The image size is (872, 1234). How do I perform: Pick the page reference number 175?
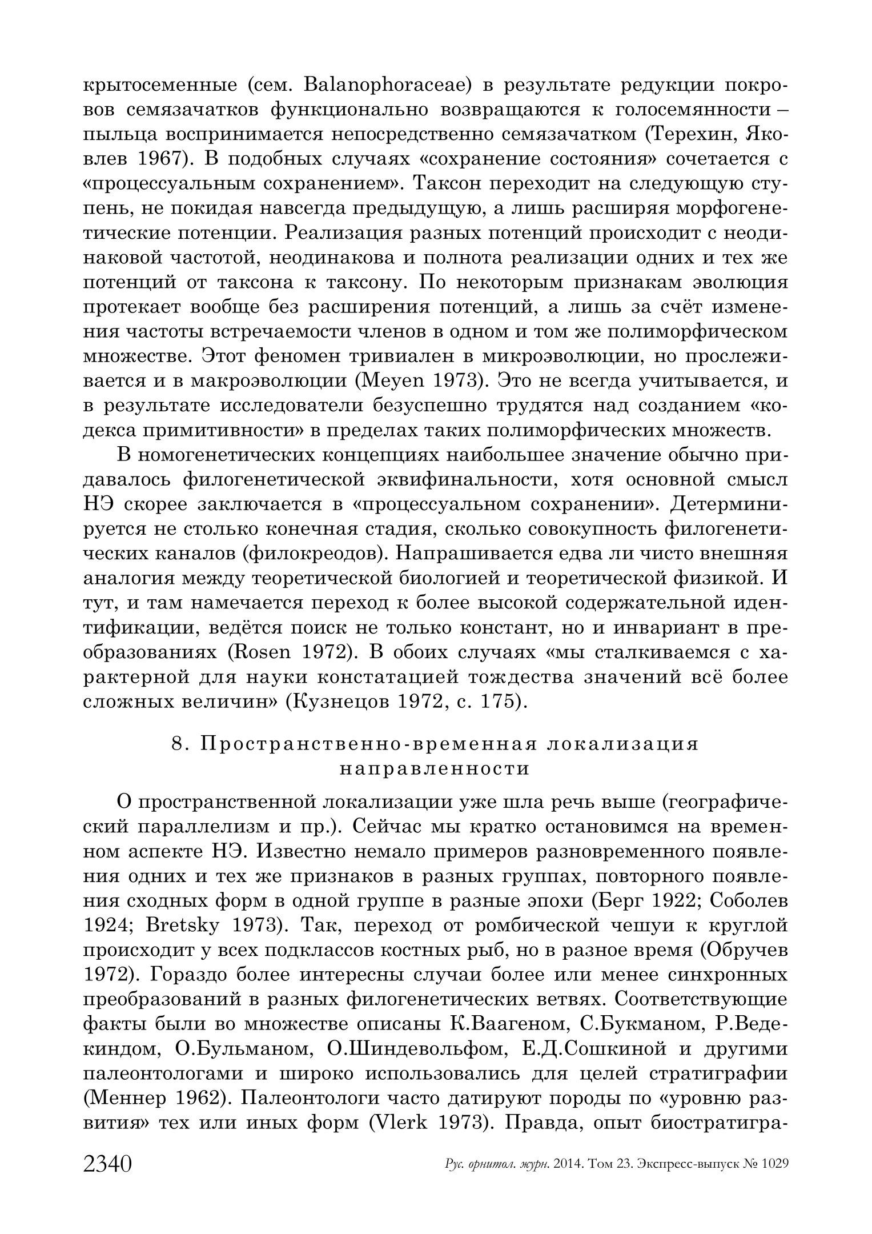(499, 702)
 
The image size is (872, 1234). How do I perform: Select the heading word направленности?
(435, 768)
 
